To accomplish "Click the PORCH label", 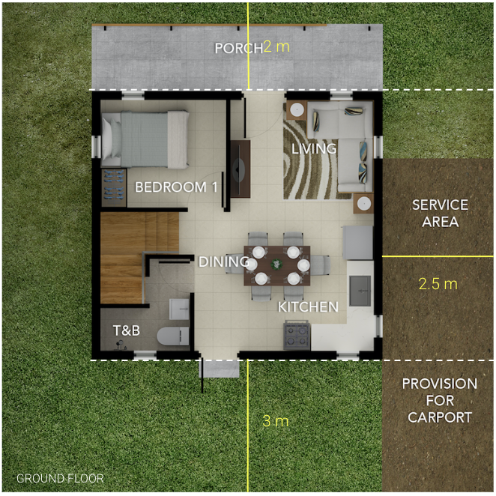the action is (x=239, y=49).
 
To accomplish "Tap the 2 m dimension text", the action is (x=276, y=46).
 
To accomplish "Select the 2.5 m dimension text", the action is (x=438, y=284).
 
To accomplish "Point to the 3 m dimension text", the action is (x=276, y=421).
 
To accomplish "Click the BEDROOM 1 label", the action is (x=176, y=187).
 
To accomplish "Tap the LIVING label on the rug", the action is (x=314, y=148).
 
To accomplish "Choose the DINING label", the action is (x=223, y=262).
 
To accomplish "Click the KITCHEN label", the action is (x=308, y=307).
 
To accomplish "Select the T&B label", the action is (x=126, y=330).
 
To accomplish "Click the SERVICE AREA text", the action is (x=440, y=214).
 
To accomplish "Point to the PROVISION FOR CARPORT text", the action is (x=440, y=400).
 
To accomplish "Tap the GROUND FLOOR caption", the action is (x=60, y=478).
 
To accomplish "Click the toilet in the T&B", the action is (x=173, y=336).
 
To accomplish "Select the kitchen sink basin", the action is (x=360, y=291).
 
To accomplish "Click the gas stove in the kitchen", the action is (x=297, y=335).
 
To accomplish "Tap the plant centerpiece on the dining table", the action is (x=276, y=264).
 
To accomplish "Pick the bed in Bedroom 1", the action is (x=145, y=139).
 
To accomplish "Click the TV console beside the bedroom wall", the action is (x=240, y=169).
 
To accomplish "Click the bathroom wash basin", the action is (x=179, y=309).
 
